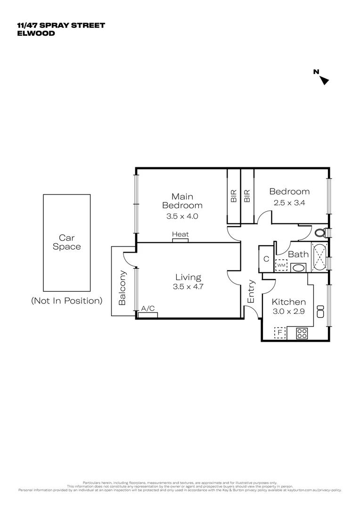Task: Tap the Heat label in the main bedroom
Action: [180, 234]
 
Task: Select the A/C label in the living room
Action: [148, 309]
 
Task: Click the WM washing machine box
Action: [281, 265]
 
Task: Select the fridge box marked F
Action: [280, 333]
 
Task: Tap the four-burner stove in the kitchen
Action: [302, 333]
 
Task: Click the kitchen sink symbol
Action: [321, 311]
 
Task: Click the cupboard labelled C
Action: [266, 259]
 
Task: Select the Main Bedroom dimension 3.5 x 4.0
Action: [182, 217]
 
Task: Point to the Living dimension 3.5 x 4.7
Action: [188, 286]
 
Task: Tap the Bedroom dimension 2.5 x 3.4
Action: [289, 203]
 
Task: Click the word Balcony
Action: [123, 287]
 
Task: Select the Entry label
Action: [251, 291]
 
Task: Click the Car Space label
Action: [67, 242]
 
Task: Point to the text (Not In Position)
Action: [66, 301]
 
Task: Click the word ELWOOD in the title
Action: [36, 33]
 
